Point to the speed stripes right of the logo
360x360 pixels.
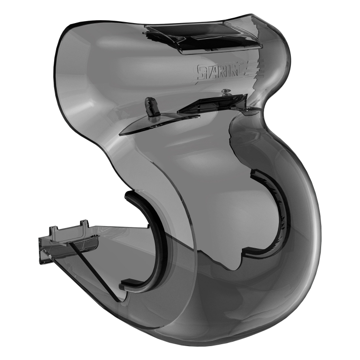pos(252,70)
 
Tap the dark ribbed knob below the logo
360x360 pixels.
pos(152,106)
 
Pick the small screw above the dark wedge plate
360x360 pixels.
pos(225,91)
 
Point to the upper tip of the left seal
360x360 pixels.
pos(129,196)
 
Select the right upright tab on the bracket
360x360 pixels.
pos(84,225)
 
